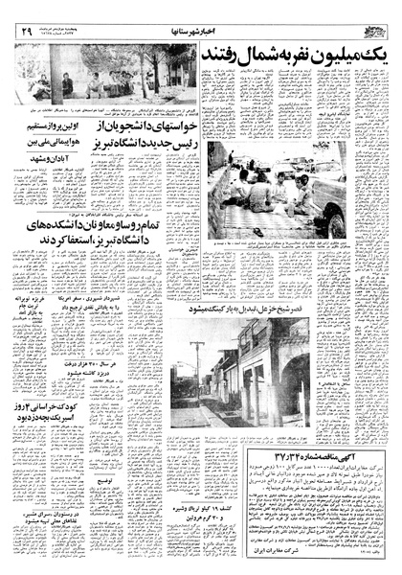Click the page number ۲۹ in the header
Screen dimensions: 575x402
[x=22, y=30]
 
